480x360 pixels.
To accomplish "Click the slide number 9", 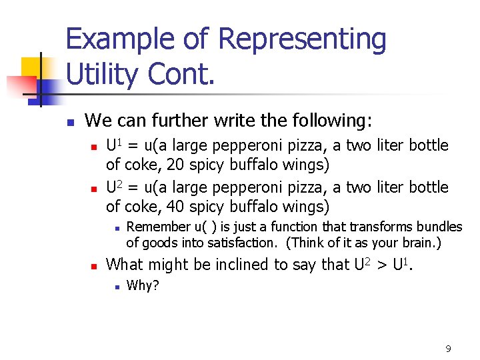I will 448,348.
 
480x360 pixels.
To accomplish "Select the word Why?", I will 143,286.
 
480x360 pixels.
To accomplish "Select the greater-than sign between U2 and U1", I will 382,265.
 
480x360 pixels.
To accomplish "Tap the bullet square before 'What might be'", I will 94,266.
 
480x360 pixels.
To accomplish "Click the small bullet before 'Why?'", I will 115,287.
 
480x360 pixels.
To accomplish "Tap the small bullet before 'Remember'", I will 115,228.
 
